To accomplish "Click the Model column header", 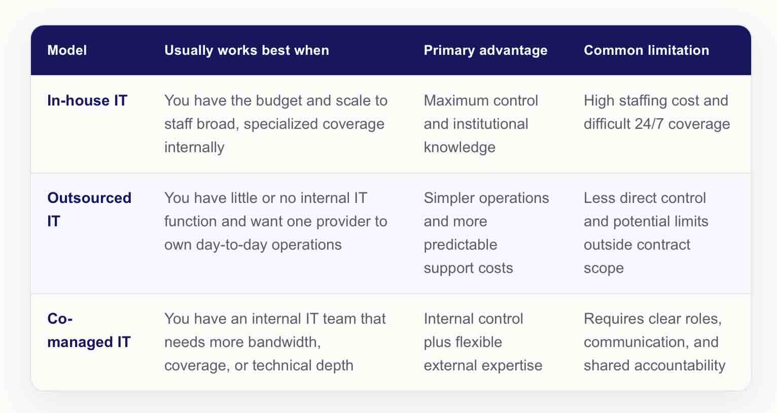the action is [x=67, y=50].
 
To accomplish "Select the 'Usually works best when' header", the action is [x=246, y=50].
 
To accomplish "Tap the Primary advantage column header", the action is [x=486, y=50].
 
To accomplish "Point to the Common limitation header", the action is [x=647, y=50].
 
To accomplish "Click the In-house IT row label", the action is [x=87, y=100].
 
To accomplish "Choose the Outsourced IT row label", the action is [x=89, y=210].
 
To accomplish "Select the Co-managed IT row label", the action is [x=89, y=330].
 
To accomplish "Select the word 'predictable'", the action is [x=461, y=245].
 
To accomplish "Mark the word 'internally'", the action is [x=194, y=148].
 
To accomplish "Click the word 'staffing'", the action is [x=643, y=101].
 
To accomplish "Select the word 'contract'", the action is [x=663, y=245].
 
